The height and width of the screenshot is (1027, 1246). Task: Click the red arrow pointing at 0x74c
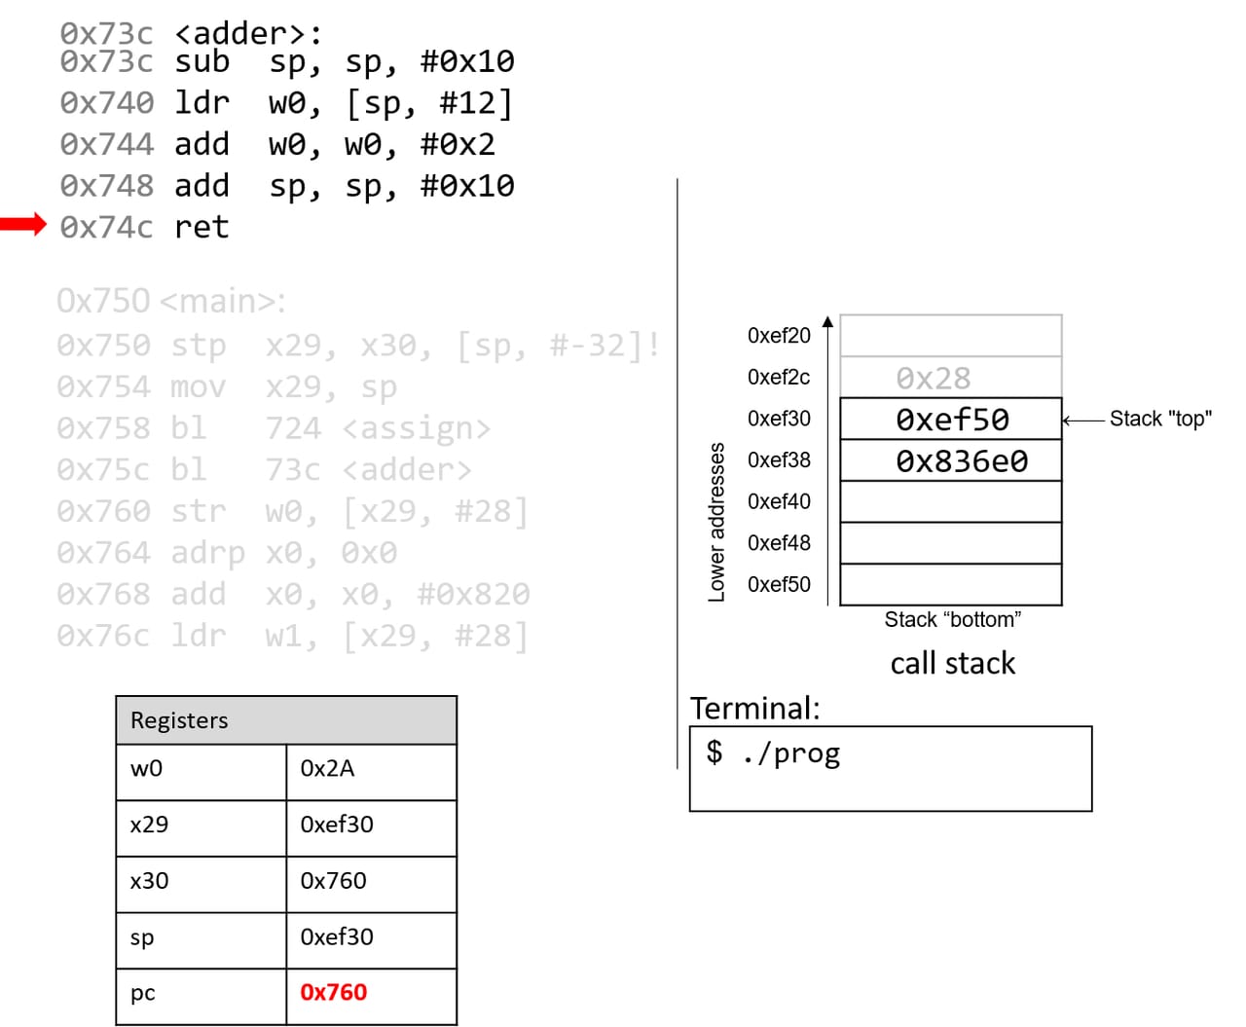click(x=23, y=225)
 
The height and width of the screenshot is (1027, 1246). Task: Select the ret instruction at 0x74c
click(x=202, y=227)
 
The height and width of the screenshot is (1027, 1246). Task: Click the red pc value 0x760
click(x=333, y=992)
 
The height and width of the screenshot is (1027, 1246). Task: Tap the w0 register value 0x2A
click(x=327, y=768)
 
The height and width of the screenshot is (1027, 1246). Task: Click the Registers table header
click(x=285, y=720)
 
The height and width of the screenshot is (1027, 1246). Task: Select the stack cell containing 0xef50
click(x=951, y=420)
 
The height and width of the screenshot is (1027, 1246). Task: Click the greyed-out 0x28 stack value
click(x=933, y=378)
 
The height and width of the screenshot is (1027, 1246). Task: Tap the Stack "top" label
click(x=1159, y=419)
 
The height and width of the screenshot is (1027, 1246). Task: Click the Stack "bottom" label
click(x=952, y=619)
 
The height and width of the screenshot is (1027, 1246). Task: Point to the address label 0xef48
click(x=779, y=542)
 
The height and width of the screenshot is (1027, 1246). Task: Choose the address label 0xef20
click(x=779, y=335)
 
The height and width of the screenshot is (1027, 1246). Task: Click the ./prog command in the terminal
click(x=789, y=752)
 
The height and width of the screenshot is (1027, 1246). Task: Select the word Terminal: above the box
click(x=754, y=708)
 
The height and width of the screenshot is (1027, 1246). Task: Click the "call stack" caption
click(x=952, y=663)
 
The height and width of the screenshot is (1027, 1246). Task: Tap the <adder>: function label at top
click(x=247, y=33)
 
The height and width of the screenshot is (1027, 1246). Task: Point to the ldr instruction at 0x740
click(x=202, y=102)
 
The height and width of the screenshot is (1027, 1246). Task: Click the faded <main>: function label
click(x=223, y=301)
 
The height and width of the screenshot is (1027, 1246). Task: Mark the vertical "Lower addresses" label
click(x=717, y=522)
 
